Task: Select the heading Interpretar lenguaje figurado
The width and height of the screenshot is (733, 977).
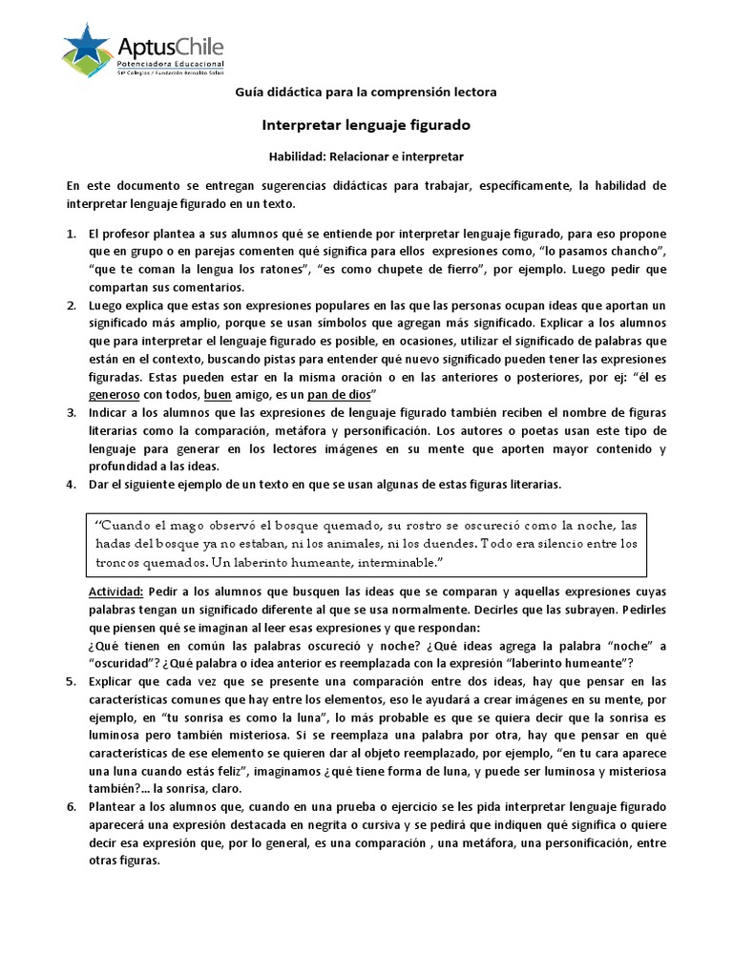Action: tap(366, 125)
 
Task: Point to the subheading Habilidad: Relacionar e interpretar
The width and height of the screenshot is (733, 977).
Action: tap(366, 156)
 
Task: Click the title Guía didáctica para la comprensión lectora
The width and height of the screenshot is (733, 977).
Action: tap(366, 92)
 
